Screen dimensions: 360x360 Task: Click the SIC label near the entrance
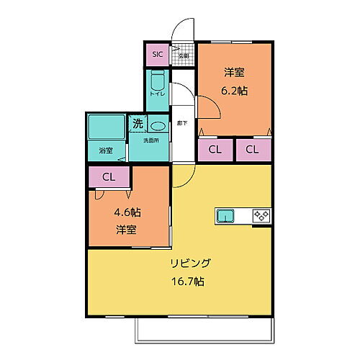tap(156, 55)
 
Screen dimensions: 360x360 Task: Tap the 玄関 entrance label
tap(184, 55)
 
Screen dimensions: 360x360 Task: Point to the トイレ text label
tap(158, 94)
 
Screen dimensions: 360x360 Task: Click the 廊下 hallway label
tap(183, 123)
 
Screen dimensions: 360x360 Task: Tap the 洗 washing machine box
tap(138, 123)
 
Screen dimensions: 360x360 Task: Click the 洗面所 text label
tap(150, 140)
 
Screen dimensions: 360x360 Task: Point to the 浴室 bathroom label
tap(106, 150)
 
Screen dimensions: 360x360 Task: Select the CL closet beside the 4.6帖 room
tap(109, 176)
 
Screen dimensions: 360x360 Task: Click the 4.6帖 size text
tap(127, 214)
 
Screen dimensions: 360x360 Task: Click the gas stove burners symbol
tap(260, 215)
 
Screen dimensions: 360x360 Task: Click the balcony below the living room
tap(206, 328)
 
